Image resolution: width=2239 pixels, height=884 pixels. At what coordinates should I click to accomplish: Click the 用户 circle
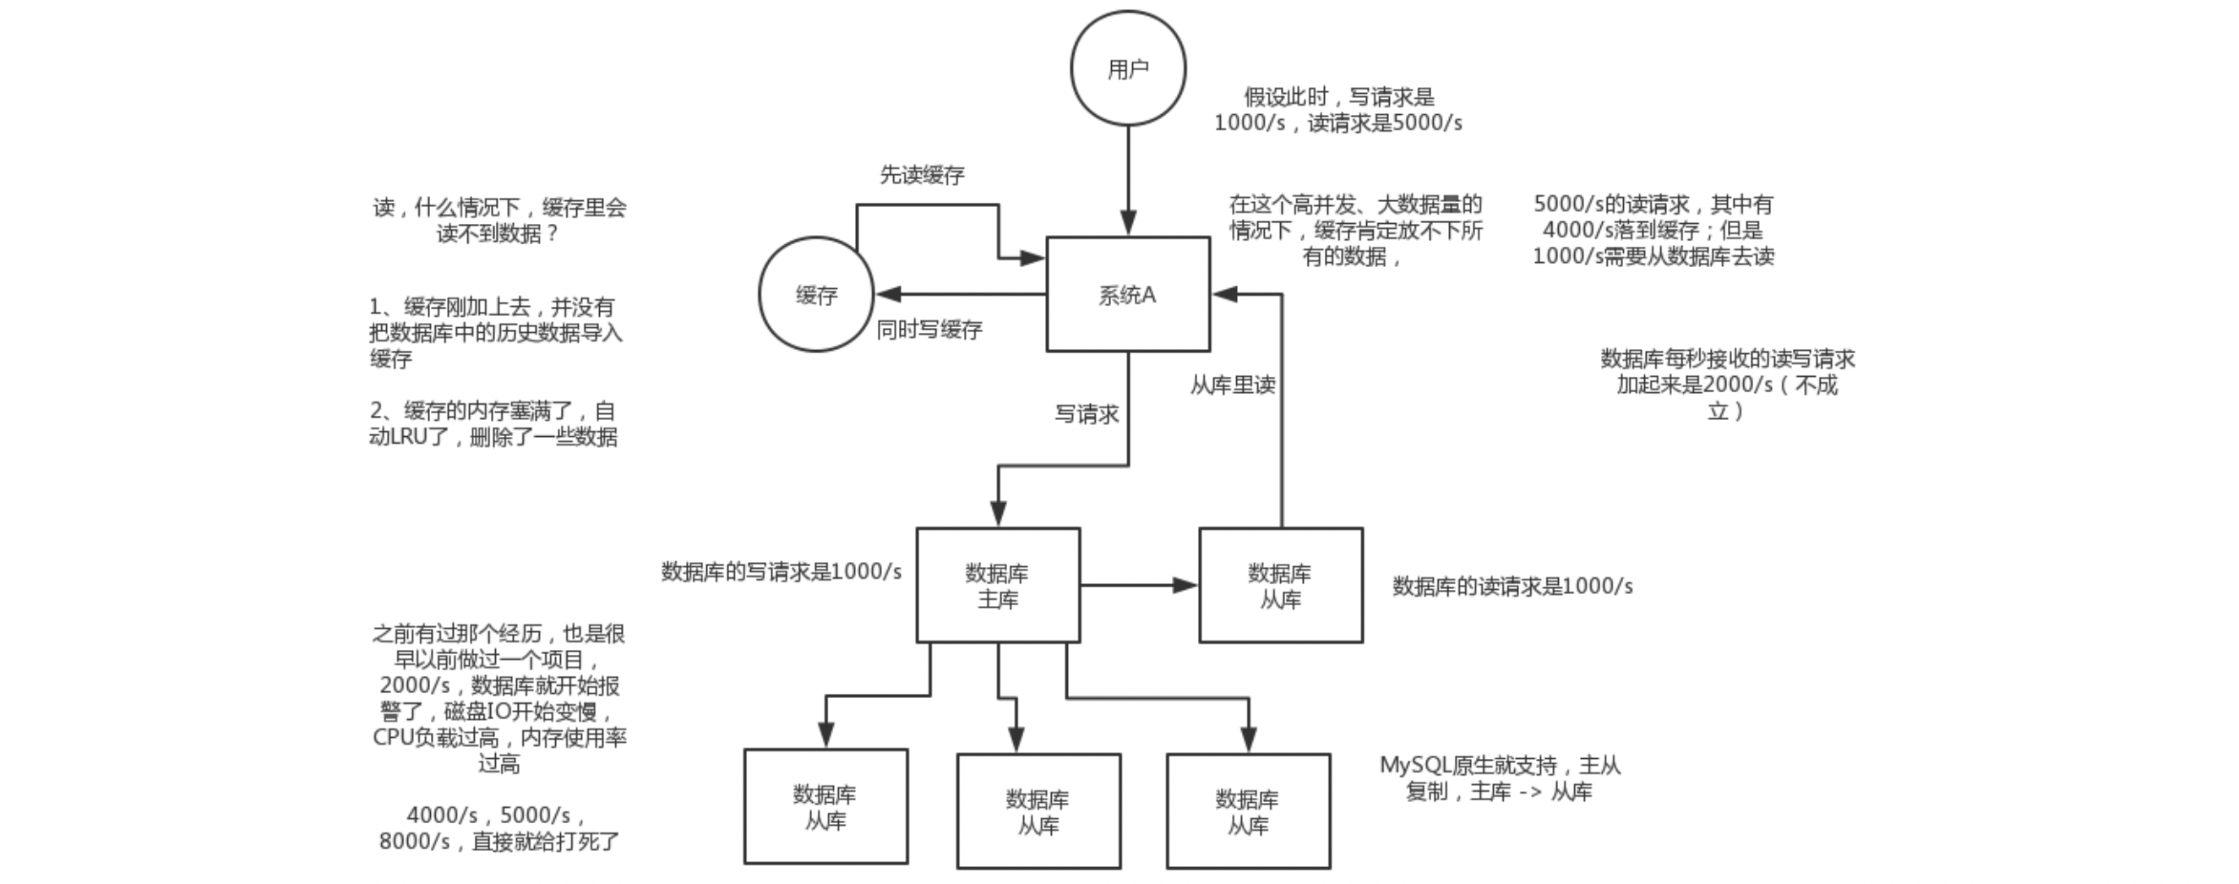pyautogui.click(x=1127, y=68)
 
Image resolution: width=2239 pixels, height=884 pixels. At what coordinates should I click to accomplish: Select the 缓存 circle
pyautogui.click(x=815, y=295)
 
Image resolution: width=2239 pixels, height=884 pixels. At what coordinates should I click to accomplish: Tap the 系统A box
pyautogui.click(x=1127, y=295)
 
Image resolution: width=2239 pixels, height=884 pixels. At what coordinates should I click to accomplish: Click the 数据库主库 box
pyautogui.click(x=998, y=585)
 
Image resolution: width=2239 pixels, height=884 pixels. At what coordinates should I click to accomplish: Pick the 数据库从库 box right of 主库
pyautogui.click(x=1280, y=585)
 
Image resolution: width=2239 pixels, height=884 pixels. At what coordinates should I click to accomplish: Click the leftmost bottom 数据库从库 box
pyautogui.click(x=825, y=806)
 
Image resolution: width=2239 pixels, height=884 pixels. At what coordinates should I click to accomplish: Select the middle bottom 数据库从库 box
pyautogui.click(x=1038, y=811)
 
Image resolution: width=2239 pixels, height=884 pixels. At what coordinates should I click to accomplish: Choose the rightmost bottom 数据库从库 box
pyautogui.click(x=1247, y=811)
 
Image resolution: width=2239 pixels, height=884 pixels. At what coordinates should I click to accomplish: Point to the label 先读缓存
pyautogui.click(x=922, y=175)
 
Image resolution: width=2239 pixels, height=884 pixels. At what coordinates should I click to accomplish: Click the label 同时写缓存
pyautogui.click(x=929, y=330)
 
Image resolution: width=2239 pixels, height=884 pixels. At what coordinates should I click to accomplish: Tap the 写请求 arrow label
pyautogui.click(x=1087, y=414)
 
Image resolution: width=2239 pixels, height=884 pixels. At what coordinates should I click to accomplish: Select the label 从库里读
pyautogui.click(x=1233, y=385)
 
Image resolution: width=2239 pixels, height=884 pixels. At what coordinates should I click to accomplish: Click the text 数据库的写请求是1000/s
pyautogui.click(x=781, y=571)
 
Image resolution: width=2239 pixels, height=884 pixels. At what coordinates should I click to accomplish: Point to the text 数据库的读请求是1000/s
pyautogui.click(x=1512, y=586)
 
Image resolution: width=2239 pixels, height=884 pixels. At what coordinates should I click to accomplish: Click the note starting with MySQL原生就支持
pyautogui.click(x=1500, y=778)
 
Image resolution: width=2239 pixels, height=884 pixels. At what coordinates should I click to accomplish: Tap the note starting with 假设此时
pyautogui.click(x=1337, y=110)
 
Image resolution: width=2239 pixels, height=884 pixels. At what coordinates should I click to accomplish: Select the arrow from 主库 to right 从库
pyautogui.click(x=1139, y=585)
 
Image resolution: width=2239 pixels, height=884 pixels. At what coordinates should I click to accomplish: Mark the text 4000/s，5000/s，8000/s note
pyautogui.click(x=498, y=827)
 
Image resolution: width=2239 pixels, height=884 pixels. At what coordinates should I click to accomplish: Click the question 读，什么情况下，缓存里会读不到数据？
pyautogui.click(x=498, y=220)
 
